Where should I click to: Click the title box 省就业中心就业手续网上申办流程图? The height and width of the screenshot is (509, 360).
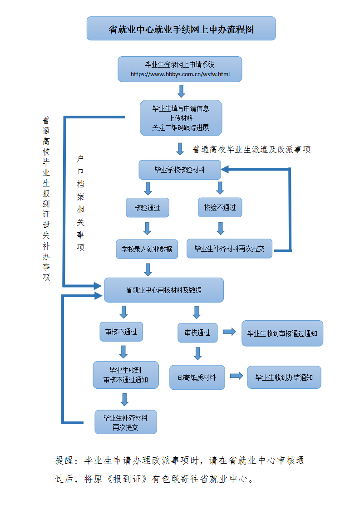click(x=181, y=29)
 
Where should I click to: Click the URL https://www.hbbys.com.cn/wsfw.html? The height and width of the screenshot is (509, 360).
click(x=180, y=74)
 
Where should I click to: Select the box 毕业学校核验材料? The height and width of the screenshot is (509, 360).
click(x=180, y=170)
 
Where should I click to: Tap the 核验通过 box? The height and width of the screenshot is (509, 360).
click(x=147, y=208)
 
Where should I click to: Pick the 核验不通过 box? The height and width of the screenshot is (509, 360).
click(x=220, y=208)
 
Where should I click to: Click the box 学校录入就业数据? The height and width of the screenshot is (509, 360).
click(x=147, y=249)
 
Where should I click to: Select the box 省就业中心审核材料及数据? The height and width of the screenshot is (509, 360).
click(x=163, y=290)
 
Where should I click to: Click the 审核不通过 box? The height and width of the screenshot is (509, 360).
click(x=121, y=332)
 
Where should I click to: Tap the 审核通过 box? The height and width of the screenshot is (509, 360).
click(x=197, y=333)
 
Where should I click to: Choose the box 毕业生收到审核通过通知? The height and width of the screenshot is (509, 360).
click(x=282, y=333)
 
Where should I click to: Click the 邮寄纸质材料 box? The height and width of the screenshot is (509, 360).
click(x=197, y=377)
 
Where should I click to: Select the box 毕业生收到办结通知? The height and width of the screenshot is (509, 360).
click(x=284, y=377)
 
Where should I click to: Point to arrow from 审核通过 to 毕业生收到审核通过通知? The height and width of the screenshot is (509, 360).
click(x=229, y=332)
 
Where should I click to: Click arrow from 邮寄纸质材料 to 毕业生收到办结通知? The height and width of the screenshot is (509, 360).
click(x=236, y=376)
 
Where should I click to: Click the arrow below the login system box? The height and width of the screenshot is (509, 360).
click(x=181, y=91)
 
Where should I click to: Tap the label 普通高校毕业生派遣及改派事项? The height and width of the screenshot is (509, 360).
click(x=252, y=150)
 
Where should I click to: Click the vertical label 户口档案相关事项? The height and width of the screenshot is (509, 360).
click(x=81, y=203)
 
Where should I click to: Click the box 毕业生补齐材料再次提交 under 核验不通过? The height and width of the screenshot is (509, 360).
click(x=229, y=249)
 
